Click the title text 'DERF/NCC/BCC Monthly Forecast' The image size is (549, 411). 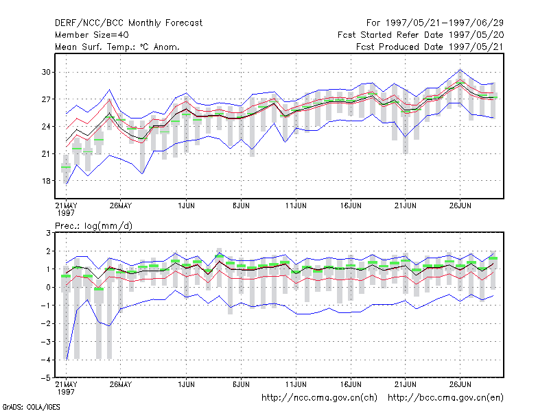point(128,23)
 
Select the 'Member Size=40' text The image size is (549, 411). point(92,35)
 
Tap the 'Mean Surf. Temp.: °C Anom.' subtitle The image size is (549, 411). point(117,47)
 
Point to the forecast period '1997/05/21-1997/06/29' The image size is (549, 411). point(444,23)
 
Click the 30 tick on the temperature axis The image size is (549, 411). point(46,72)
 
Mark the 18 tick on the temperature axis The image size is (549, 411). point(46,181)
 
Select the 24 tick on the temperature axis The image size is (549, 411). point(46,127)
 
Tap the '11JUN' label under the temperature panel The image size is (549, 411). point(296,206)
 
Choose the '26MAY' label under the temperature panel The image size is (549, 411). point(121,206)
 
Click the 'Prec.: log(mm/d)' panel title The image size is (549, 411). point(93,226)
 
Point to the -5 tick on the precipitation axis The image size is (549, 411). point(45,378)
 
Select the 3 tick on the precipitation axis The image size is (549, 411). point(48,233)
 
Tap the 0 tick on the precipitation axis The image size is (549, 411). point(48,287)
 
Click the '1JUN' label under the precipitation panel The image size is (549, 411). point(186,384)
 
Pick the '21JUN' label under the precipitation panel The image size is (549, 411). point(406,384)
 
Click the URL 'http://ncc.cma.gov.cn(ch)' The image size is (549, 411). point(319,398)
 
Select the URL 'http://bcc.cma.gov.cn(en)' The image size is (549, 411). point(445,398)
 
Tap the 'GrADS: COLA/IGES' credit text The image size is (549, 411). point(31,407)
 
